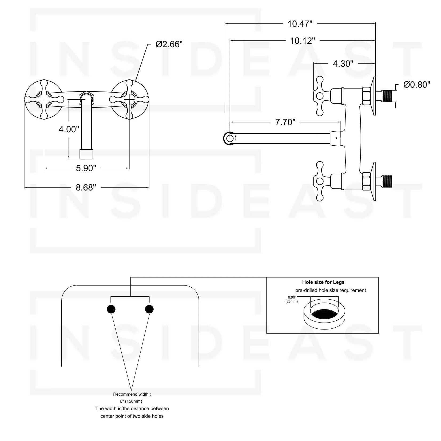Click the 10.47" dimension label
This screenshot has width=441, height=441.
[300, 24]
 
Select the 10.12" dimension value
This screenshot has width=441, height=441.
[302, 41]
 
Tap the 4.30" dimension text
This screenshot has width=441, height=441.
[343, 64]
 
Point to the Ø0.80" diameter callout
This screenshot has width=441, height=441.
[417, 85]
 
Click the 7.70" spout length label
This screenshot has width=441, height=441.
[285, 122]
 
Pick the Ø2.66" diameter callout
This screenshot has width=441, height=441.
[169, 44]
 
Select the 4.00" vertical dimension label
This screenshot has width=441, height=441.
[69, 129]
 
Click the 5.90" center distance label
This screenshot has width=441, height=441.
[86, 168]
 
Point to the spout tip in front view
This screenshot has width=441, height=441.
[86, 154]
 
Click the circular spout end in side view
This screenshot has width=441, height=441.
[229, 138]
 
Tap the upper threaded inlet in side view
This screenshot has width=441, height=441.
[389, 96]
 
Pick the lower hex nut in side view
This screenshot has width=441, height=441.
[366, 181]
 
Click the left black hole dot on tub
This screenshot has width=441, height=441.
[111, 309]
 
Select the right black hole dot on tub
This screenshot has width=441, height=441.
[149, 309]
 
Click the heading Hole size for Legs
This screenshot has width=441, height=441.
[323, 282]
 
